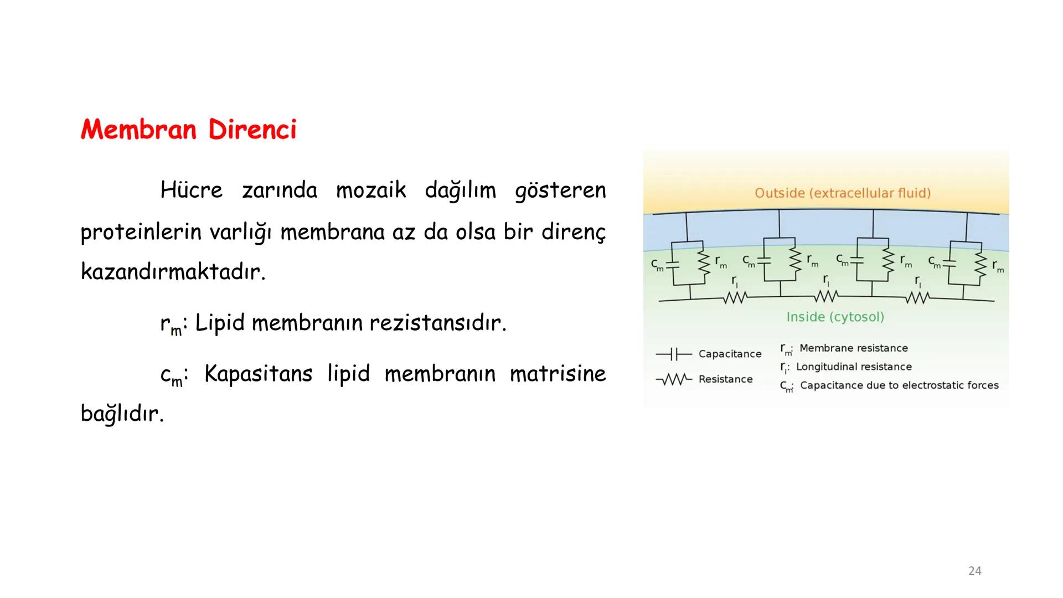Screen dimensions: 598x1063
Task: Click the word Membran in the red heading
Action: pyautogui.click(x=138, y=130)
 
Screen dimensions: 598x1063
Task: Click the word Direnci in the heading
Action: pyautogui.click(x=252, y=130)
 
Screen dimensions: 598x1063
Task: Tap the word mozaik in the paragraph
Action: pyautogui.click(x=371, y=190)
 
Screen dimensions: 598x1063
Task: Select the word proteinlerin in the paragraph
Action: pyautogui.click(x=141, y=232)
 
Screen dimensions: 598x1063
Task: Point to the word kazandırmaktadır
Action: pyautogui.click(x=173, y=272)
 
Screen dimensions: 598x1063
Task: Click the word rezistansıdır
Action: pyautogui.click(x=437, y=323)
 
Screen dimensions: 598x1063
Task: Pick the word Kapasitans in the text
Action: pyautogui.click(x=258, y=374)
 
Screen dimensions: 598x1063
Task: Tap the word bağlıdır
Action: pyautogui.click(x=122, y=414)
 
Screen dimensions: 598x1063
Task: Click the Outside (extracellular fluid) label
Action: pyautogui.click(x=842, y=193)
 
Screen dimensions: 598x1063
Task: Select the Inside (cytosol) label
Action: pyautogui.click(x=835, y=317)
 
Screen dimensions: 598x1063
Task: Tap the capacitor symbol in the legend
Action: pyautogui.click(x=673, y=354)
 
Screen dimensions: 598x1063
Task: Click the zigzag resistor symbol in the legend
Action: pyautogui.click(x=673, y=379)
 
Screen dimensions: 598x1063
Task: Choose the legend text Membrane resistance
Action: pyautogui.click(x=853, y=348)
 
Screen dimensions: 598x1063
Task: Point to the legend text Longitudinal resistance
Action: pyautogui.click(x=853, y=367)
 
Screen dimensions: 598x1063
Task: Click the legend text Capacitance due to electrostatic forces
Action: pyautogui.click(x=899, y=385)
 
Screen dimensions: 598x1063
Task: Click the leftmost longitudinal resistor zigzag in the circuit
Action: pyautogui.click(x=735, y=298)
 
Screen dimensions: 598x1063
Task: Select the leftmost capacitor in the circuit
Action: pyautogui.click(x=673, y=265)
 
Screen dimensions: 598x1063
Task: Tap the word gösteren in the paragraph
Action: pyautogui.click(x=560, y=190)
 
